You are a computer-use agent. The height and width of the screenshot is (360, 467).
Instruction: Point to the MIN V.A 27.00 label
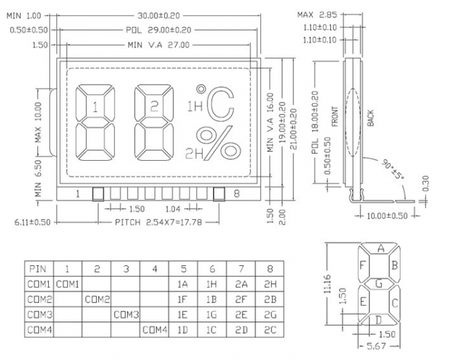click(159, 45)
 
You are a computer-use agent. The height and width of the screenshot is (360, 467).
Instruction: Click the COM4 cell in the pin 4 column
click(155, 330)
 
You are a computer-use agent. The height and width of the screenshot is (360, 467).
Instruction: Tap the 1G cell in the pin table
click(212, 315)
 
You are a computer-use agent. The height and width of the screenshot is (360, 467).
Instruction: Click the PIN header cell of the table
click(38, 269)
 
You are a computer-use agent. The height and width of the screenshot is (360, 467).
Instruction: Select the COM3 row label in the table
click(38, 315)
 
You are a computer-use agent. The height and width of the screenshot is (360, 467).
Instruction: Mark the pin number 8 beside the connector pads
click(237, 194)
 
